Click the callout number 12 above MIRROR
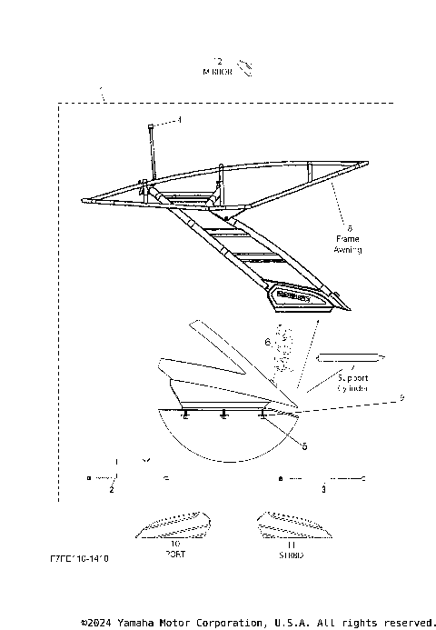click(x=216, y=60)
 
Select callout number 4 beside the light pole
click(x=179, y=119)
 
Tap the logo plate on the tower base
click(x=294, y=295)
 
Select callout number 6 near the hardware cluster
click(x=267, y=343)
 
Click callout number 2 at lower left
click(x=111, y=490)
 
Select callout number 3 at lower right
click(x=323, y=490)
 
